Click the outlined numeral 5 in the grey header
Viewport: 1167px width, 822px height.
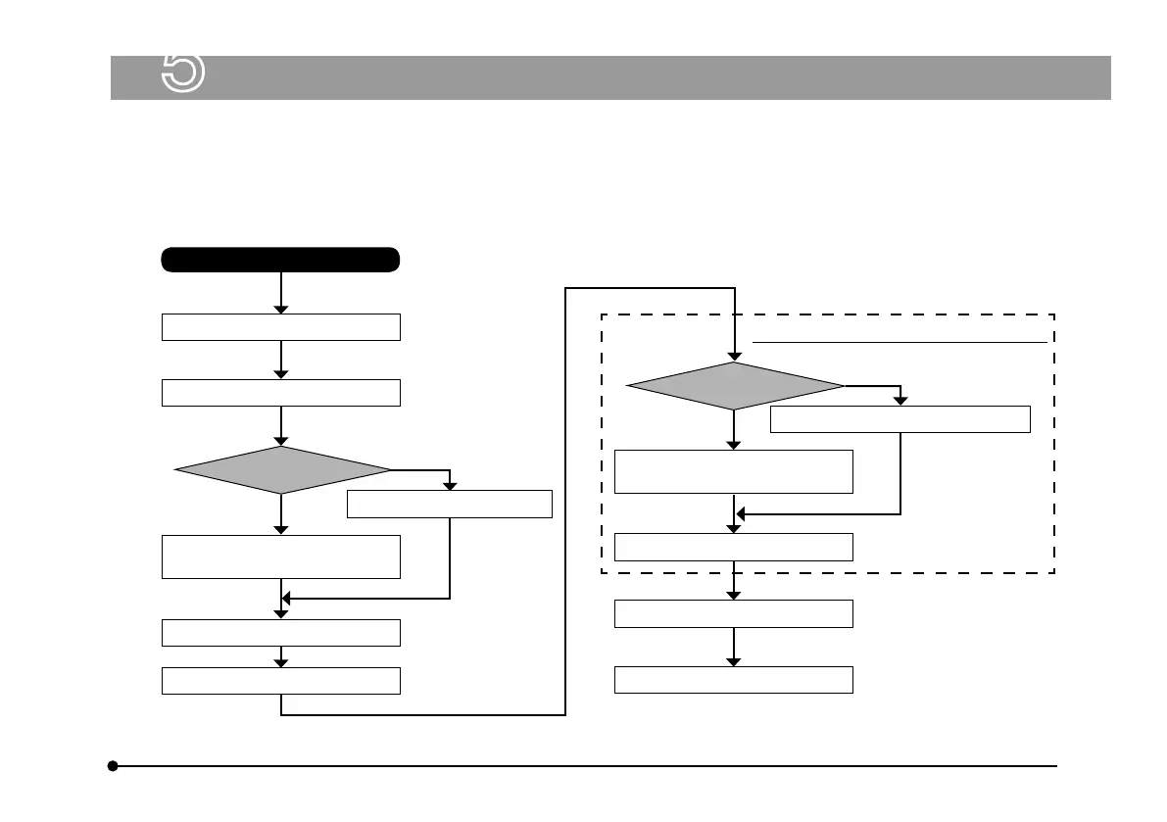[x=182, y=73]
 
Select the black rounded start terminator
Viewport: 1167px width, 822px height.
[x=280, y=260]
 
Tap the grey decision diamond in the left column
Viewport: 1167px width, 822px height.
[x=281, y=470]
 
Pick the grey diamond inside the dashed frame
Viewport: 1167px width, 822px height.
[x=734, y=386]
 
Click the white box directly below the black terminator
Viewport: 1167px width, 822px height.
[x=280, y=327]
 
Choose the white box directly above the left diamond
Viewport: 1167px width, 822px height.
[x=280, y=393]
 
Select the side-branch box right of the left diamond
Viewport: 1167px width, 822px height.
[x=450, y=504]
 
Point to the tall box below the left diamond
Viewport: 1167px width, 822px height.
[x=280, y=556]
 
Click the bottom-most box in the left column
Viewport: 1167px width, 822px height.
[x=280, y=681]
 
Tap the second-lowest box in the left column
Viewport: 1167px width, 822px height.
[x=280, y=633]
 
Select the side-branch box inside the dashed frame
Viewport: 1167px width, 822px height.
[x=900, y=419]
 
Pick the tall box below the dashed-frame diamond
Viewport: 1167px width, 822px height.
[x=734, y=471]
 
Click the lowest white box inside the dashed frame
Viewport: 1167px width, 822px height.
[x=734, y=547]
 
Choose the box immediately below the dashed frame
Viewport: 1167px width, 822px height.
[x=734, y=614]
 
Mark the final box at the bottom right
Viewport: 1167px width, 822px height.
[x=734, y=680]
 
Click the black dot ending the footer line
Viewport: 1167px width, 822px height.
[x=114, y=766]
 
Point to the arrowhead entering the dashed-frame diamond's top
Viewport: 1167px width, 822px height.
[x=734, y=355]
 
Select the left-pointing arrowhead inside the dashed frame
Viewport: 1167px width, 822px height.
[x=741, y=513]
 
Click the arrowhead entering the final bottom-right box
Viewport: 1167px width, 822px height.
[x=734, y=661]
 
